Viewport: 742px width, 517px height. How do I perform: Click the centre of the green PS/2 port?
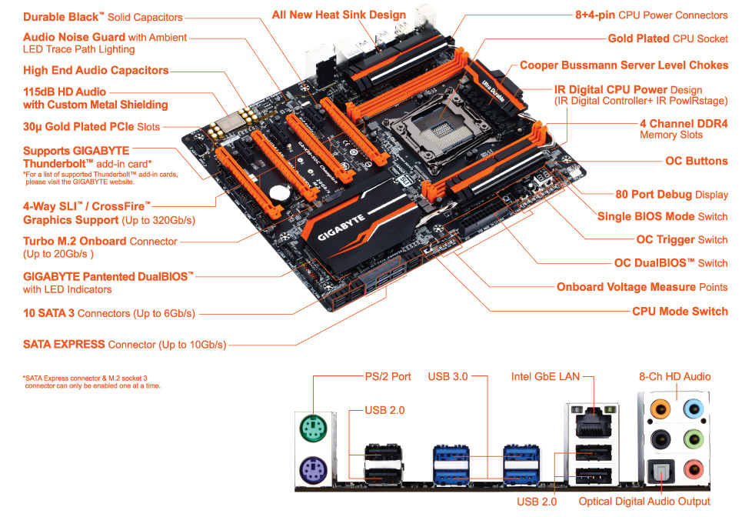[313, 429]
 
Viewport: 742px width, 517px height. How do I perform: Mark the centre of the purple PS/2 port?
[313, 471]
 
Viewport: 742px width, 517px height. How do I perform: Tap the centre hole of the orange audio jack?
[660, 409]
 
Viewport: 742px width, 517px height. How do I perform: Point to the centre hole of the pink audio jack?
[694, 469]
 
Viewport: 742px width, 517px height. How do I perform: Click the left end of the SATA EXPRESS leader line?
[229, 345]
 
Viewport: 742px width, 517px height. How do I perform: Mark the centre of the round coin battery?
[278, 192]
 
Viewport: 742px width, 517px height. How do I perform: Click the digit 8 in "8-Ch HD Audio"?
[643, 377]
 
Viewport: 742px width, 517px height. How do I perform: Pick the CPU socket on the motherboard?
[438, 128]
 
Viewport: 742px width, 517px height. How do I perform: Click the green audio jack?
[694, 439]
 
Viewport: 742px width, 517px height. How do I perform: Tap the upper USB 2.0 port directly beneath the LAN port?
[594, 453]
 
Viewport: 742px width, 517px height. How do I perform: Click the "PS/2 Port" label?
[388, 377]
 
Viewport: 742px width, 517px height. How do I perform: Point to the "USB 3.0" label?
[448, 377]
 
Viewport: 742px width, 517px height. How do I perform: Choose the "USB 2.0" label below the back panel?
[537, 502]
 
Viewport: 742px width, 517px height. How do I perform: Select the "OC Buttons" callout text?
[697, 161]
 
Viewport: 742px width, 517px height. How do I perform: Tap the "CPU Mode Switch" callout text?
[680, 312]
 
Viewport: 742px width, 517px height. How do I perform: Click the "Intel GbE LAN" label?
[545, 377]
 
